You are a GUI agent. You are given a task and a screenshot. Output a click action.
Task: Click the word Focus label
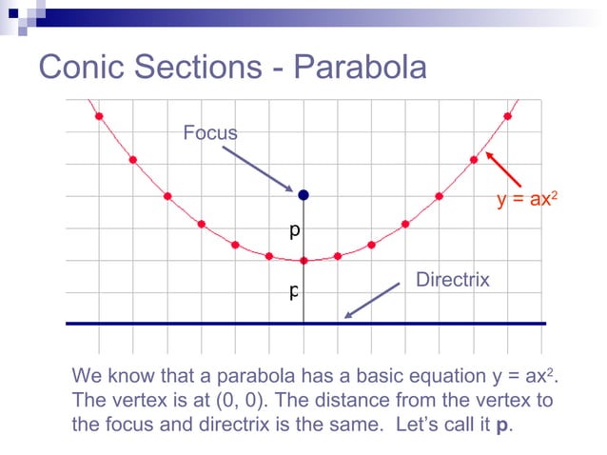click(x=210, y=132)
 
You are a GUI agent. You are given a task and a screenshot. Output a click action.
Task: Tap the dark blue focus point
click(x=303, y=195)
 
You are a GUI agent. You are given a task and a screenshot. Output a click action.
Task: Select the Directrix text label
click(x=453, y=279)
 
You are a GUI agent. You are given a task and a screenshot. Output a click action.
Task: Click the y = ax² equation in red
click(x=526, y=200)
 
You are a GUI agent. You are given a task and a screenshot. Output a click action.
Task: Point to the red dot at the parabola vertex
click(x=303, y=260)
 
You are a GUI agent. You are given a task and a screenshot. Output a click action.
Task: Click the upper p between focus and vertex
click(x=295, y=231)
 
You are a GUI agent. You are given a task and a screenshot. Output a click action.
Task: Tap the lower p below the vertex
click(x=295, y=291)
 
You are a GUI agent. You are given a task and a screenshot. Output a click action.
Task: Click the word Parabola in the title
click(x=361, y=67)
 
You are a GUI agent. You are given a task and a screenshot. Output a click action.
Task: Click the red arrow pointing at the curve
click(x=503, y=168)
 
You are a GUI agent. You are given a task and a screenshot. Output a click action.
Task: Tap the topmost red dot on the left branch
click(x=99, y=116)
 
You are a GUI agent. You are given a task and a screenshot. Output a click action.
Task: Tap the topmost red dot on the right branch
click(x=508, y=116)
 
